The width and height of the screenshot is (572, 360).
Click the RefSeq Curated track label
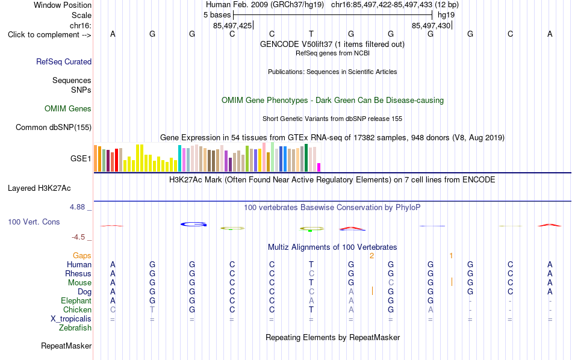tap(64, 61)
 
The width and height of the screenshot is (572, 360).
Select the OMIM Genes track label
tap(68, 109)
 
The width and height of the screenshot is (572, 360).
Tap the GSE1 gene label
tap(81, 158)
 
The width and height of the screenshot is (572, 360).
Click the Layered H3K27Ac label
tap(39, 188)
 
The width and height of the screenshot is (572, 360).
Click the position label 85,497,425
tap(232, 25)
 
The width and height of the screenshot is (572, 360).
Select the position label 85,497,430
tap(431, 25)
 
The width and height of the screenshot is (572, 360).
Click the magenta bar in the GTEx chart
tap(319, 167)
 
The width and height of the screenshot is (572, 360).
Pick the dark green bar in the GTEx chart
tap(306, 158)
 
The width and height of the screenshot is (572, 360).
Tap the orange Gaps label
tap(82, 256)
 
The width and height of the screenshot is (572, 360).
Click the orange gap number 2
tap(371, 256)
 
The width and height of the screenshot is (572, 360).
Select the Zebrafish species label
tap(75, 328)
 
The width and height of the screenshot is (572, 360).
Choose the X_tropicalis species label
tap(71, 319)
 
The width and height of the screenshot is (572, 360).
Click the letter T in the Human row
tap(311, 264)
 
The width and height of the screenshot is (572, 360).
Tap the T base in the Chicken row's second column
tap(152, 309)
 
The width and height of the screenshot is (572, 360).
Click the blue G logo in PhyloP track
tap(194, 225)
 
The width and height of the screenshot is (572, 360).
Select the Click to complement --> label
tap(49, 35)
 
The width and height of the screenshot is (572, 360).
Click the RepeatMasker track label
tap(66, 346)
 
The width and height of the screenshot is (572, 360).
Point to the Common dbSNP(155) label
tap(54, 127)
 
